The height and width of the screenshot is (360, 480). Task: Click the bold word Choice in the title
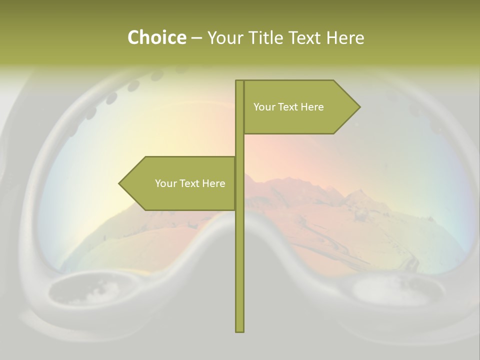pyautogui.click(x=156, y=38)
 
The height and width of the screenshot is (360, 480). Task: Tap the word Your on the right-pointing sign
pyautogui.click(x=264, y=107)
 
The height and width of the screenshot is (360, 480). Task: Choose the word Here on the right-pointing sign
pyautogui.click(x=312, y=107)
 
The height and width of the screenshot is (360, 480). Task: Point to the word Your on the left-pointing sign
pyautogui.click(x=165, y=183)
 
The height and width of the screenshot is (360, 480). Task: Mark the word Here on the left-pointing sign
pyautogui.click(x=213, y=183)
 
